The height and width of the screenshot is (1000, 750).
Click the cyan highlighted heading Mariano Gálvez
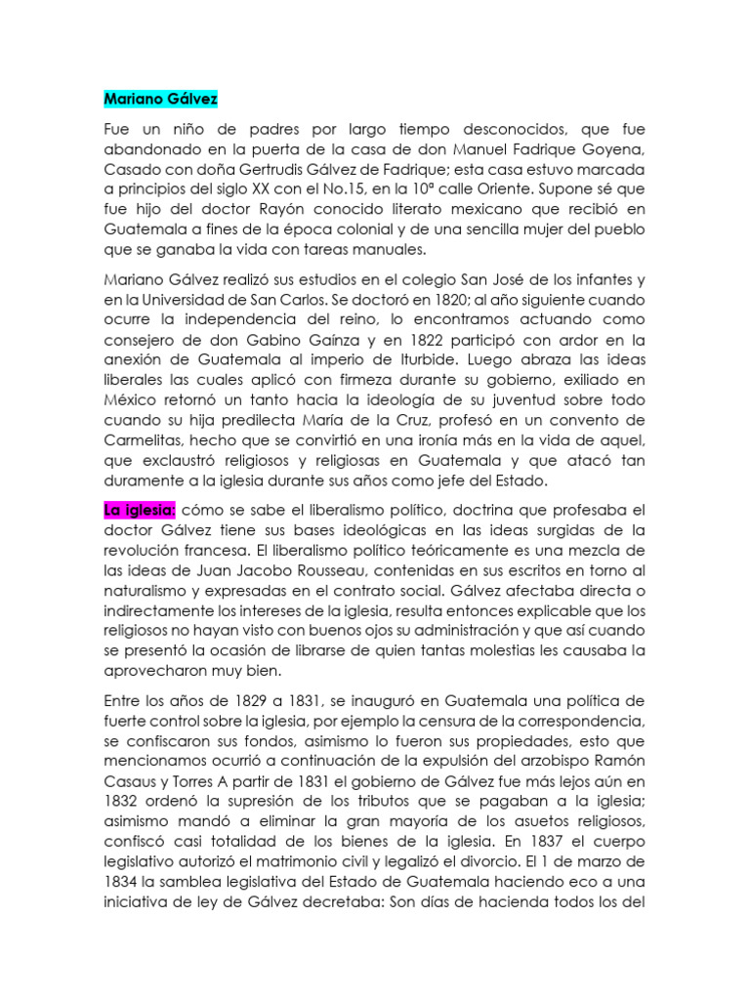click(160, 100)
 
